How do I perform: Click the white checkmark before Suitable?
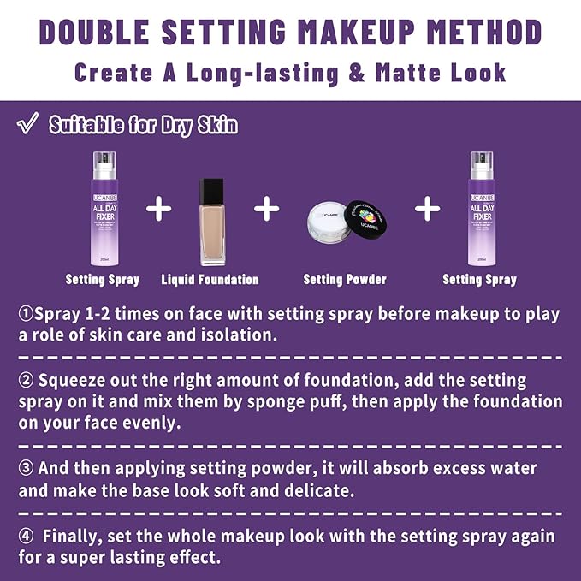click(x=27, y=126)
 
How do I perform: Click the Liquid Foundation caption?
click(x=210, y=280)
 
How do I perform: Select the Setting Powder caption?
click(x=345, y=280)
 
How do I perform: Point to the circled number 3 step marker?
click(x=26, y=470)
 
